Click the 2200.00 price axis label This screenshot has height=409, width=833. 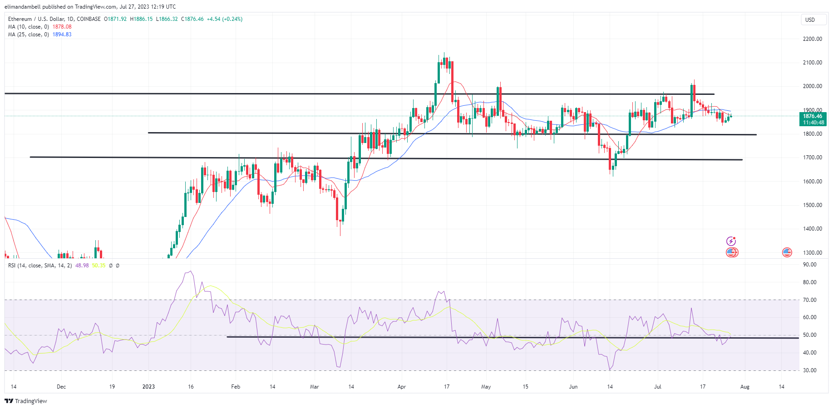tap(812, 39)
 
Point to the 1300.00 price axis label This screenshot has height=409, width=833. tap(812, 253)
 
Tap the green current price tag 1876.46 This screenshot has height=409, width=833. tap(813, 116)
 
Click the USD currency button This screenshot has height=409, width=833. tap(810, 20)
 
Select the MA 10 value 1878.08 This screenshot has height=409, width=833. tap(62, 27)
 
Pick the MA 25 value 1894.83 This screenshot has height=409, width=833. tap(62, 34)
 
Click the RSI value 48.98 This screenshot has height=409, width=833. tap(82, 266)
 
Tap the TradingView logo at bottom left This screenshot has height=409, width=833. tap(26, 401)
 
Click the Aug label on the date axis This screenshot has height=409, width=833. tap(744, 387)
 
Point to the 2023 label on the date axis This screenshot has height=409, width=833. tap(148, 387)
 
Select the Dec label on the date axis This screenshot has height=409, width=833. tap(61, 387)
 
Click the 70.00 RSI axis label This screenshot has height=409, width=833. tap(810, 300)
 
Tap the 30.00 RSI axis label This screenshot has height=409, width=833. tap(810, 370)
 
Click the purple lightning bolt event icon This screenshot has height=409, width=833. tap(731, 241)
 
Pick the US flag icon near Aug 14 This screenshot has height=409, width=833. tap(787, 252)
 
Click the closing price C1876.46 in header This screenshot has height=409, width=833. tap(192, 19)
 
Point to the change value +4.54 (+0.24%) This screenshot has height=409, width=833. tap(224, 19)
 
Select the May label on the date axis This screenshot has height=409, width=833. tap(486, 387)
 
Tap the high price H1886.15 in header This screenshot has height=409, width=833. tap(141, 19)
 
